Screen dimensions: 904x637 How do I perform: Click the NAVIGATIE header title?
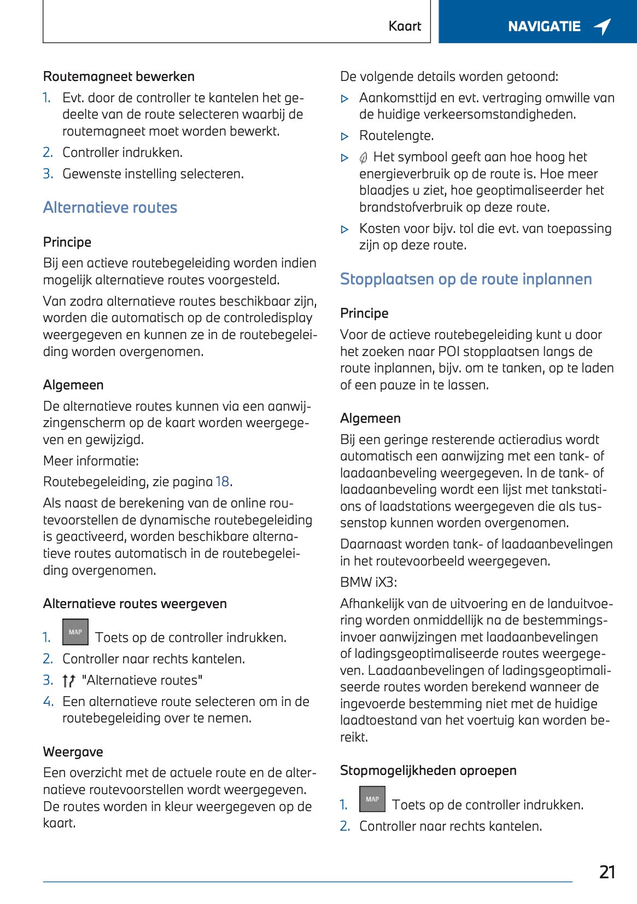[x=544, y=26]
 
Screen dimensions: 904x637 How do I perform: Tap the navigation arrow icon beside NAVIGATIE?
[x=602, y=26]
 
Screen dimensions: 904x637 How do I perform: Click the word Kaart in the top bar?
[x=405, y=26]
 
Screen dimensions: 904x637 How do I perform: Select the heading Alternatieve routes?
[x=110, y=208]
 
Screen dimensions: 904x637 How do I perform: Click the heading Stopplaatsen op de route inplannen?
[x=466, y=279]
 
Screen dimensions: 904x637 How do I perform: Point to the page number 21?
[x=607, y=872]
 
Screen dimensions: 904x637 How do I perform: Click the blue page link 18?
[x=223, y=482]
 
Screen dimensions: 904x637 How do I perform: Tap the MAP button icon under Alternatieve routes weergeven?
[x=75, y=632]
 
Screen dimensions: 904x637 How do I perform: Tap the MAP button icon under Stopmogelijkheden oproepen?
[x=372, y=799]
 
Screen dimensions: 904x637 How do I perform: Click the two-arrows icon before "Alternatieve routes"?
[x=68, y=681]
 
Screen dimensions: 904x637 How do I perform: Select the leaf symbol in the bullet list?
[x=364, y=158]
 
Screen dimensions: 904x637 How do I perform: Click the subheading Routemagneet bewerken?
[x=119, y=77]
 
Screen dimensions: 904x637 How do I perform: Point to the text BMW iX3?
[x=369, y=582]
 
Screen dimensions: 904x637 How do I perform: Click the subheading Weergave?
[x=73, y=752]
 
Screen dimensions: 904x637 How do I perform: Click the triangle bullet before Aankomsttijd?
[x=344, y=99]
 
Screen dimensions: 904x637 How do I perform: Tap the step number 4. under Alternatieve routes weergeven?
[x=48, y=702]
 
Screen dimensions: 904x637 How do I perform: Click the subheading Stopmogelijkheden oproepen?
[x=428, y=771]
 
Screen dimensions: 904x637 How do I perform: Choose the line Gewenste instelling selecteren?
[x=153, y=174]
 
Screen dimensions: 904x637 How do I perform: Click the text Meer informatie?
[x=91, y=460]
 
